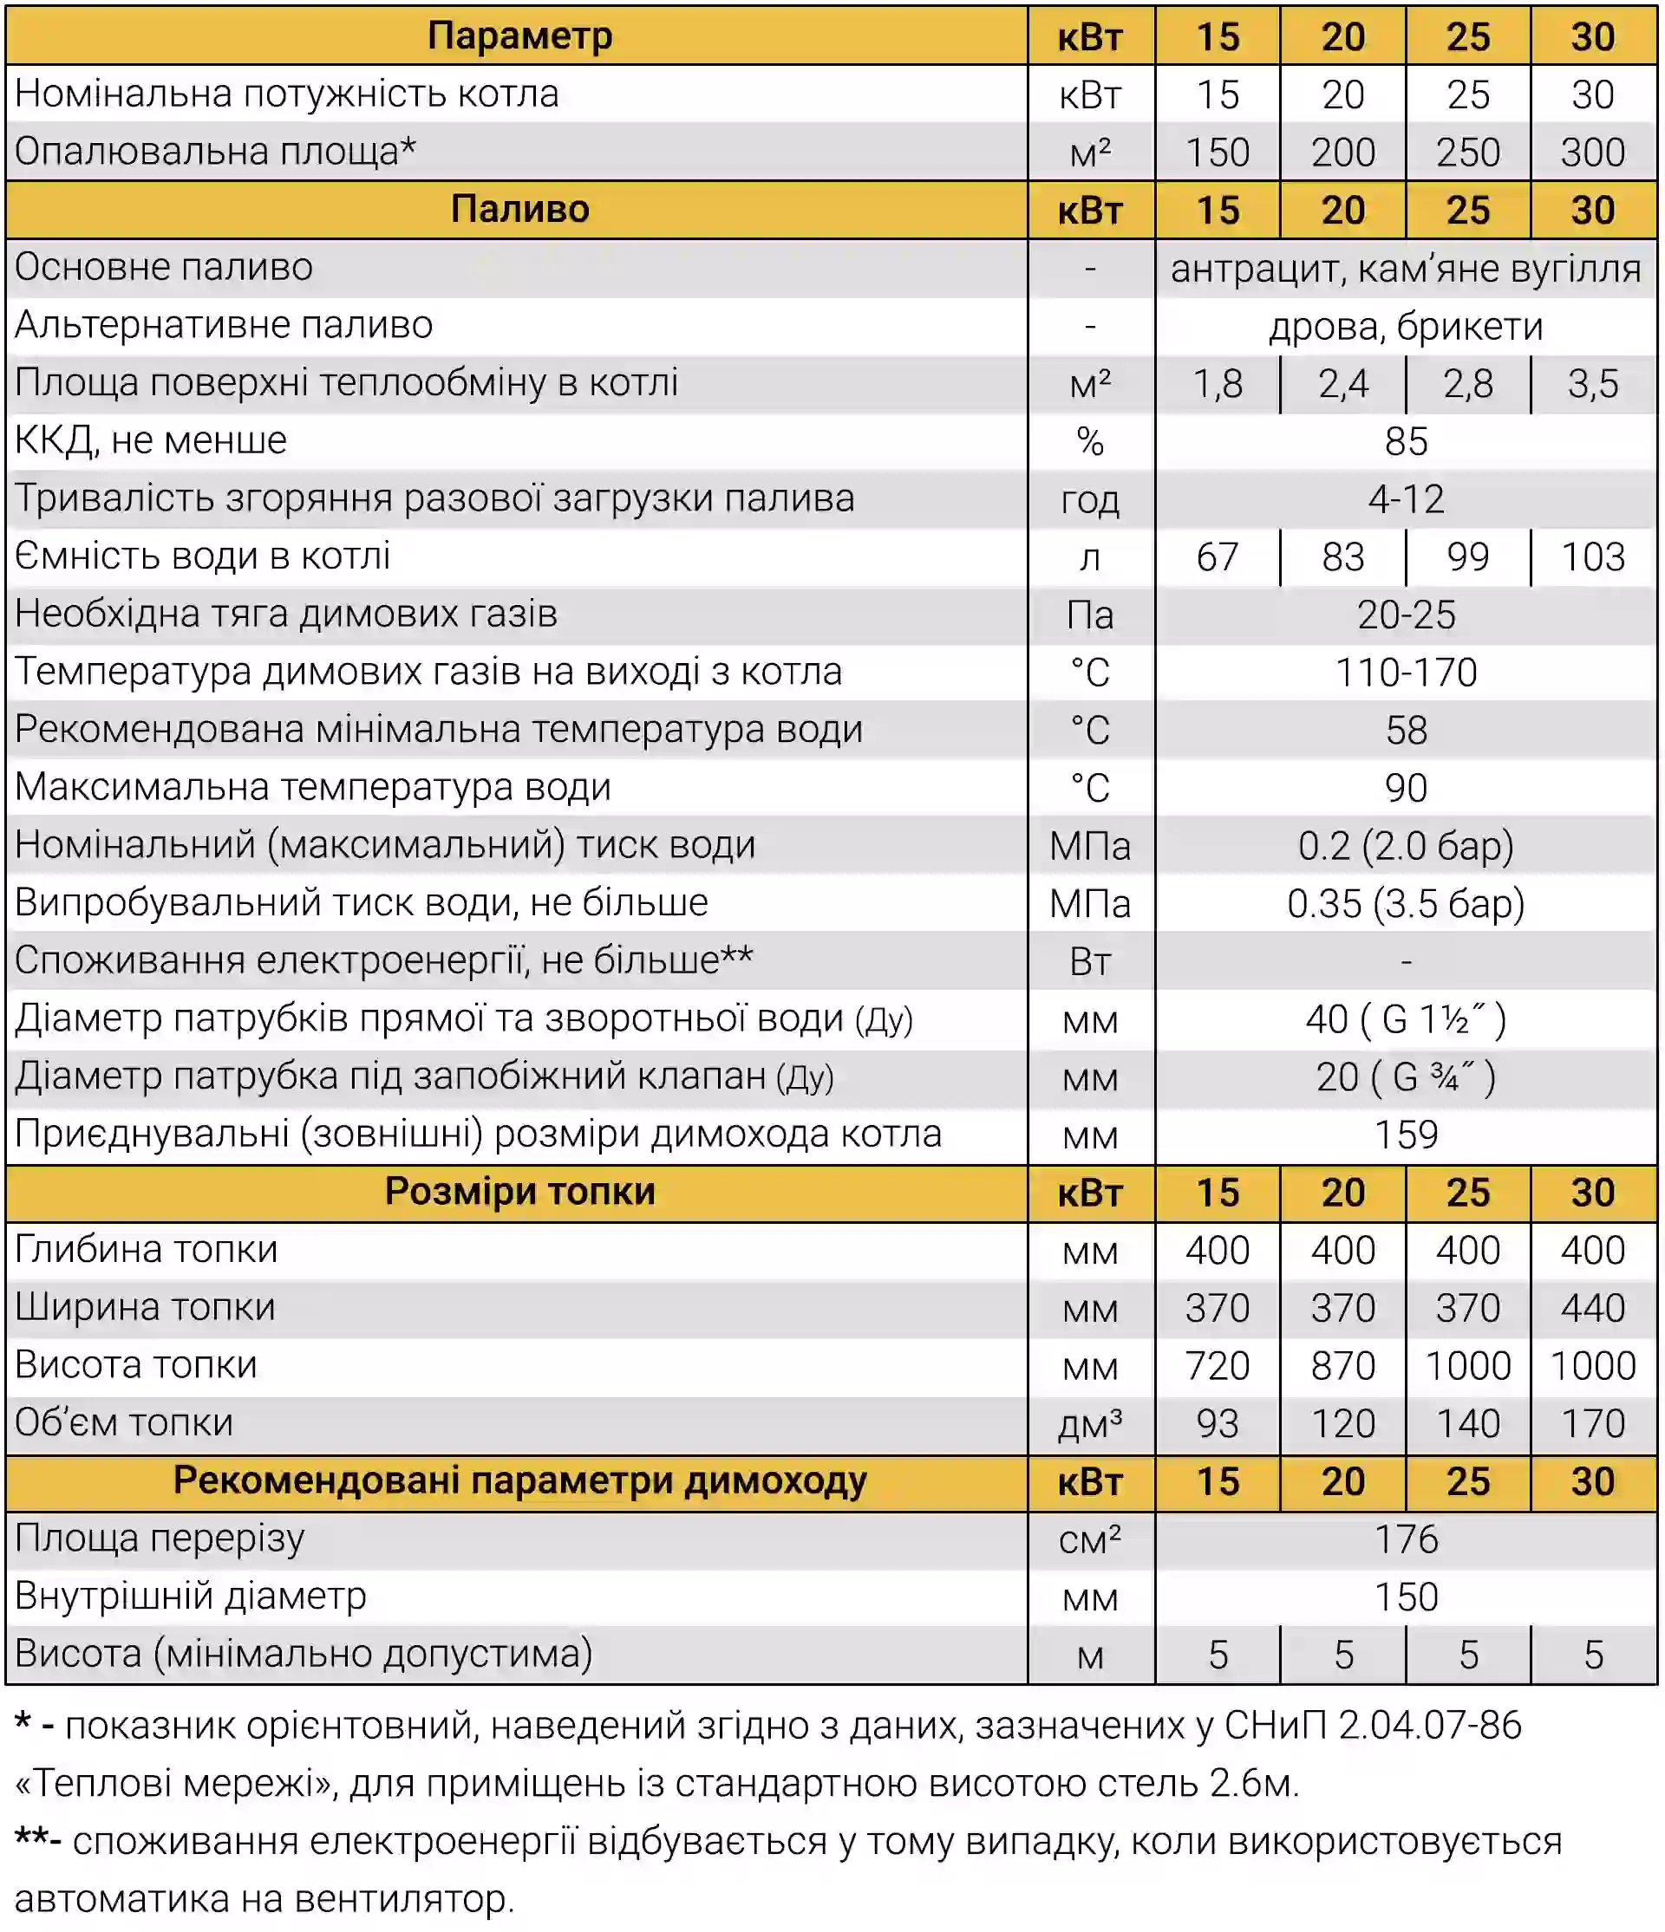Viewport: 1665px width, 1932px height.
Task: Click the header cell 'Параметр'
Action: point(519,36)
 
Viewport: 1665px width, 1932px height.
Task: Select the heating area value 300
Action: point(1592,152)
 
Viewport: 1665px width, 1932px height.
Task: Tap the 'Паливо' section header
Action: point(519,210)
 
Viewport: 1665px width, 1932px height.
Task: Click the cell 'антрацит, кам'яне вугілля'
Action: point(1405,269)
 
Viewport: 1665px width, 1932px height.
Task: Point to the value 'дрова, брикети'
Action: point(1405,327)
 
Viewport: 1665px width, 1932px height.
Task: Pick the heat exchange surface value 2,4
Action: point(1342,384)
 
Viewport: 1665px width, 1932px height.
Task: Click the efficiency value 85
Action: point(1405,442)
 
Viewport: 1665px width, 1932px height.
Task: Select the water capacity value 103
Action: point(1592,557)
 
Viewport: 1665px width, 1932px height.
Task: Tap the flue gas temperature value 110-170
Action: point(1405,673)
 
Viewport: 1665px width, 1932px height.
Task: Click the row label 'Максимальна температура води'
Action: point(313,788)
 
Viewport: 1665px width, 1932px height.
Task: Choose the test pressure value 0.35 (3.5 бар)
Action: point(1405,903)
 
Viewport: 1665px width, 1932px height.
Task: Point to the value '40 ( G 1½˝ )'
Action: point(1405,1019)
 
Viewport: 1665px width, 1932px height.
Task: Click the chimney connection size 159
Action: point(1405,1135)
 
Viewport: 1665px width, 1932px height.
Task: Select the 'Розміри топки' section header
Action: point(519,1193)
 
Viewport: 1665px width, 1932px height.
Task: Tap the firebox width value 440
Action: point(1592,1308)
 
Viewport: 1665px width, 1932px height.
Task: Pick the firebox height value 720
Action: point(1217,1366)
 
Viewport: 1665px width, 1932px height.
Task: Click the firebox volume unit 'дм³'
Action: point(1089,1424)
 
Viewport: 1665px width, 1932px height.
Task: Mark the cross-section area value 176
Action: point(1405,1539)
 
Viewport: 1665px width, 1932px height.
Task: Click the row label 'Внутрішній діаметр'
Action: point(192,1597)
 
